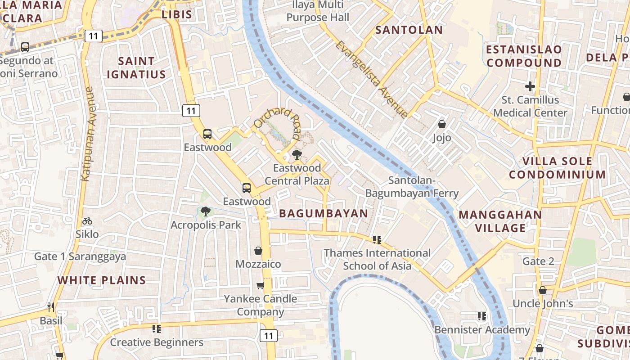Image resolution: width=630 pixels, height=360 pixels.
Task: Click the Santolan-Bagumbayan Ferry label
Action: coord(411,187)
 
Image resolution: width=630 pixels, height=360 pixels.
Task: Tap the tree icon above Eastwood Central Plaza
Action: coord(297,155)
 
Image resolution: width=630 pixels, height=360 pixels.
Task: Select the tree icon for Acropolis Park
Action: coord(206,211)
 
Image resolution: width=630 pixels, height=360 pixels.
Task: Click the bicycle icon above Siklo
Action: coord(87,221)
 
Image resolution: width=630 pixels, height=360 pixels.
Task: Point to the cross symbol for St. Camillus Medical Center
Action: coord(530,86)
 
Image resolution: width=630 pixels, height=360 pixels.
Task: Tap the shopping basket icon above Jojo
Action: coord(442,124)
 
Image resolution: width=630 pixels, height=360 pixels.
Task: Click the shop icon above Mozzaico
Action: coord(258,251)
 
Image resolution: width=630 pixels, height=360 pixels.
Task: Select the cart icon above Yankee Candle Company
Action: coord(260,285)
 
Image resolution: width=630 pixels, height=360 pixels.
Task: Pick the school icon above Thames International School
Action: coord(377,240)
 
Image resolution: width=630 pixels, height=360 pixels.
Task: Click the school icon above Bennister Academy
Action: coord(482,316)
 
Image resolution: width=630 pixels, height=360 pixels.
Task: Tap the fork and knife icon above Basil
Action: coord(51,307)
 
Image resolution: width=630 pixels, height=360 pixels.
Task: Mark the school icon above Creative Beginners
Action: coord(157,329)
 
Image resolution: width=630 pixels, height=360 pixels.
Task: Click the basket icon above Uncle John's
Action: coord(543,290)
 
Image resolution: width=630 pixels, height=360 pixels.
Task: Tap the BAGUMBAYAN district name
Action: coord(324,214)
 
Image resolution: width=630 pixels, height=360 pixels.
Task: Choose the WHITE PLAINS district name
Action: coord(102,280)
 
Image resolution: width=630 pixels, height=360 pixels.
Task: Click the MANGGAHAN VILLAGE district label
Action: coord(500,221)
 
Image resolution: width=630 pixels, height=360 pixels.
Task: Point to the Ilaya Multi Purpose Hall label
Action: coord(318,11)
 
